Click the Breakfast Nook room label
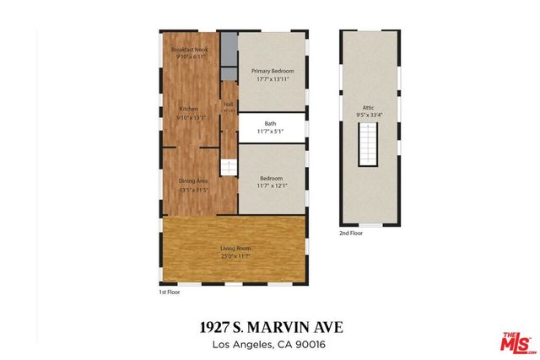190,51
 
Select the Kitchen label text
188,109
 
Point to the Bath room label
270,124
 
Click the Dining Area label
193,180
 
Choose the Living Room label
236,248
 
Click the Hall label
229,105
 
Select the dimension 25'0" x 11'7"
236,255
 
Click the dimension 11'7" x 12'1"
270,185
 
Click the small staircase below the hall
228,167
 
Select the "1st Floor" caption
169,292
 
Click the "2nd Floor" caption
350,233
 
